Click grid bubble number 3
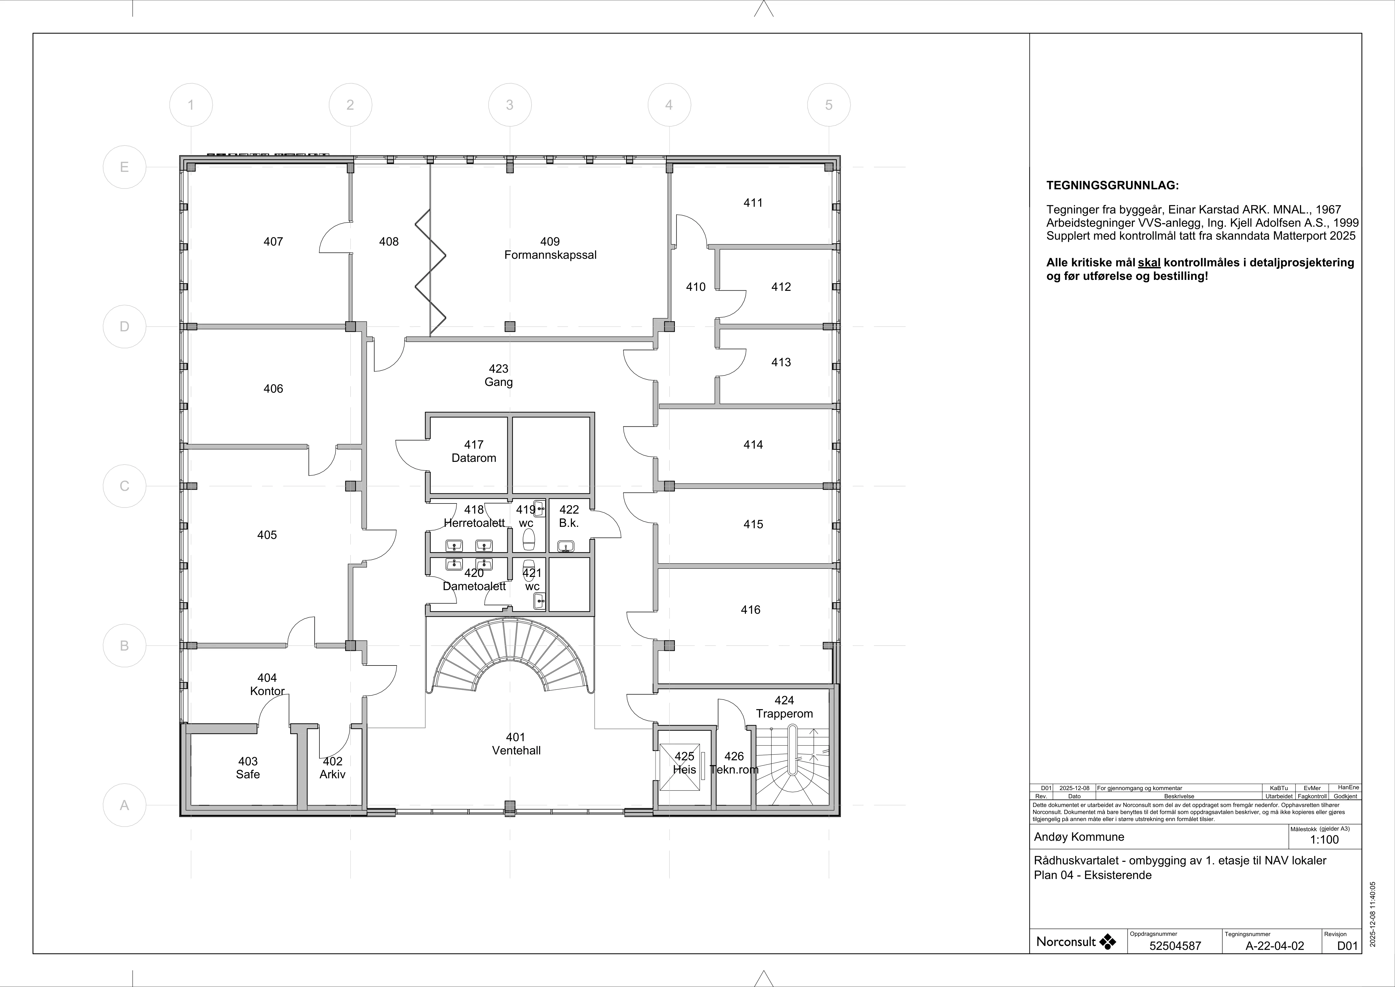tap(510, 105)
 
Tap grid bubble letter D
tap(125, 326)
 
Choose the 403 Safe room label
tap(248, 768)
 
